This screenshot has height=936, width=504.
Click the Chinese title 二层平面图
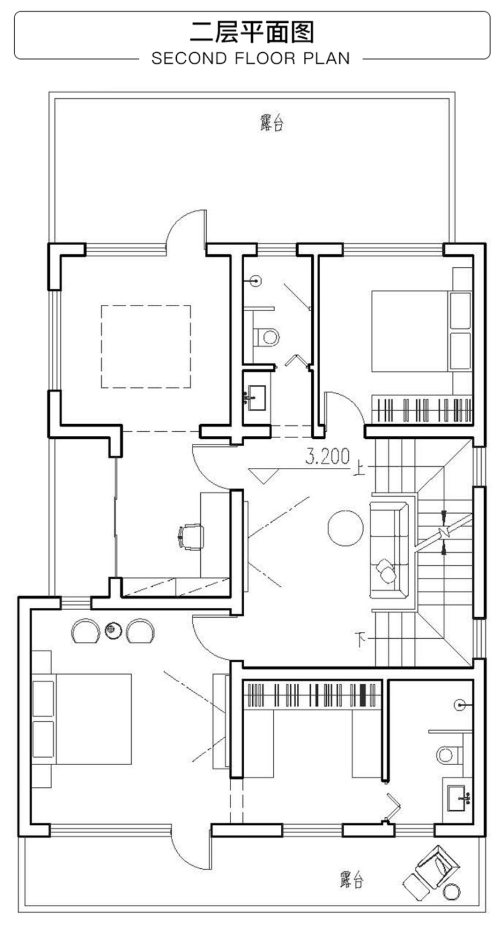coord(252,33)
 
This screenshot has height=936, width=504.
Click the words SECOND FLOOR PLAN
coord(251,58)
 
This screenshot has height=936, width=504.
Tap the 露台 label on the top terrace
coord(272,123)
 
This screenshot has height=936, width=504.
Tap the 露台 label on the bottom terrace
coord(351,880)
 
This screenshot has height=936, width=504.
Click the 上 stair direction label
coord(358,468)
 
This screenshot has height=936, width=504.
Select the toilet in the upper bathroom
coord(266,337)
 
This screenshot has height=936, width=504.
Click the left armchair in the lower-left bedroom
coord(85,631)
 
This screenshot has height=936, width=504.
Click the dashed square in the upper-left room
coord(146,346)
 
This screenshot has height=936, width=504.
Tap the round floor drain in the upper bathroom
coord(256,280)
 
